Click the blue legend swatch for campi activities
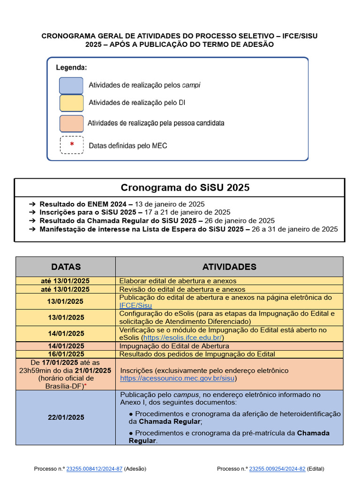(71, 85)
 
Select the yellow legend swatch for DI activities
(71, 103)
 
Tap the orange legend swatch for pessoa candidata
(71, 123)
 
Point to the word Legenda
(72, 67)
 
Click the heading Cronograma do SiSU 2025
(185, 187)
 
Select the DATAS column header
(66, 267)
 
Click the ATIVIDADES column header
(229, 267)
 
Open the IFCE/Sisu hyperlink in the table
(135, 305)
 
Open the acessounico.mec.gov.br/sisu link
(178, 378)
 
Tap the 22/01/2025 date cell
(66, 417)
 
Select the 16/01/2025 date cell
(66, 354)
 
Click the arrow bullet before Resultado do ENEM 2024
(32, 204)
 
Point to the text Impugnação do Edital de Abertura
(174, 346)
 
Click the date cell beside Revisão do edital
(66, 289)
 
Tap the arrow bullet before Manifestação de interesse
(32, 229)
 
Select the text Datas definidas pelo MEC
(128, 146)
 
